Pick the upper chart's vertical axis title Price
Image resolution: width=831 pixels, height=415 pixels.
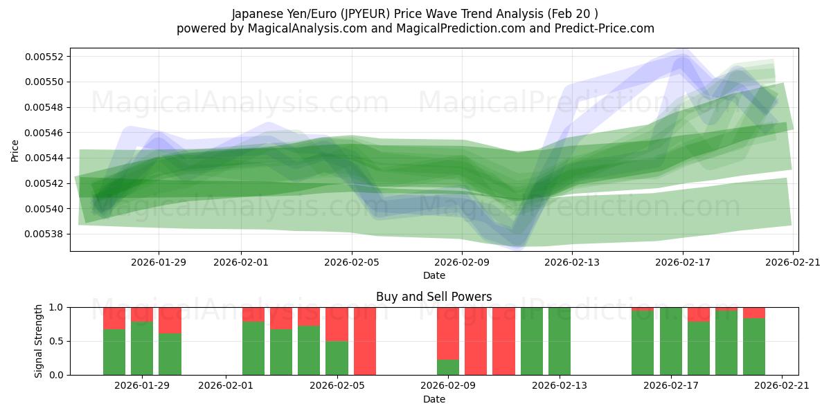click(x=15, y=149)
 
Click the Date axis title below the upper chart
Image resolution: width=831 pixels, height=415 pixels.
click(x=434, y=275)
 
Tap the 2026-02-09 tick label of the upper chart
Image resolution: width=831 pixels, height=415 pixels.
click(x=462, y=262)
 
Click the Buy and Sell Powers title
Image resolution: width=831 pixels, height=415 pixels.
click(x=434, y=297)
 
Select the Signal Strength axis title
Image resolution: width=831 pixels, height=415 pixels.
click(x=39, y=341)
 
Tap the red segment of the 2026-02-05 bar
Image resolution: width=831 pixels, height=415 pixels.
click(x=337, y=324)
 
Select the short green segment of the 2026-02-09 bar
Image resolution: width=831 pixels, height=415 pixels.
click(x=448, y=367)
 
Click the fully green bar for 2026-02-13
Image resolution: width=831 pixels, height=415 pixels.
click(x=560, y=341)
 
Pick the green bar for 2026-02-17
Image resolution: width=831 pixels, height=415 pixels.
click(x=671, y=341)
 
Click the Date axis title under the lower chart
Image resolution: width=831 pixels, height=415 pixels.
click(x=434, y=399)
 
